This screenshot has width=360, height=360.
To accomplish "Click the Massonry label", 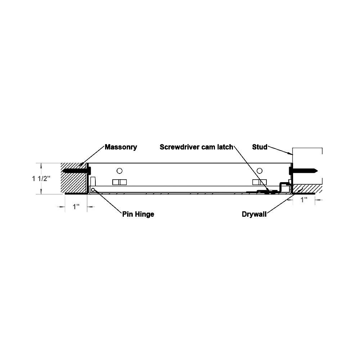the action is (121, 147).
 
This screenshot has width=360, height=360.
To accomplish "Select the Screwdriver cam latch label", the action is (197, 147).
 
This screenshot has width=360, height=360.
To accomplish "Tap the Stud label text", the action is (260, 147).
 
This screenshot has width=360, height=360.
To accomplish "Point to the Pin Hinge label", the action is (138, 214).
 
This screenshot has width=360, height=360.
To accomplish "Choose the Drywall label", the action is (254, 214).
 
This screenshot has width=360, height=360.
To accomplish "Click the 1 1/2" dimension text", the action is (41, 179).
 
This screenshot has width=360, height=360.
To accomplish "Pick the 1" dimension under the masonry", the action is (76, 207).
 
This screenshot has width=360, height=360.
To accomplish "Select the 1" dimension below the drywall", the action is (304, 200).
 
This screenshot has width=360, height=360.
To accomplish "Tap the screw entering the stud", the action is (303, 171).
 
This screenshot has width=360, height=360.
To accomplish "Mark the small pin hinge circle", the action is (93, 190).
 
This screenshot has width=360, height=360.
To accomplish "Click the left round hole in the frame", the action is (120, 171).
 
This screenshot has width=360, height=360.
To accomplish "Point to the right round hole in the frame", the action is (260, 171).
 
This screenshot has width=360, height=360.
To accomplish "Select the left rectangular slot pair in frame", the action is (120, 182).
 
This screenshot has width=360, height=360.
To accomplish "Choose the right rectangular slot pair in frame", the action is (260, 182).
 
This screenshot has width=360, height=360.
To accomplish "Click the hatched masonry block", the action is (73, 178).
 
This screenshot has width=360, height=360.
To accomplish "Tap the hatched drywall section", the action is (306, 189).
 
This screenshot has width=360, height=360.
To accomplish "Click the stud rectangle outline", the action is (307, 166).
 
